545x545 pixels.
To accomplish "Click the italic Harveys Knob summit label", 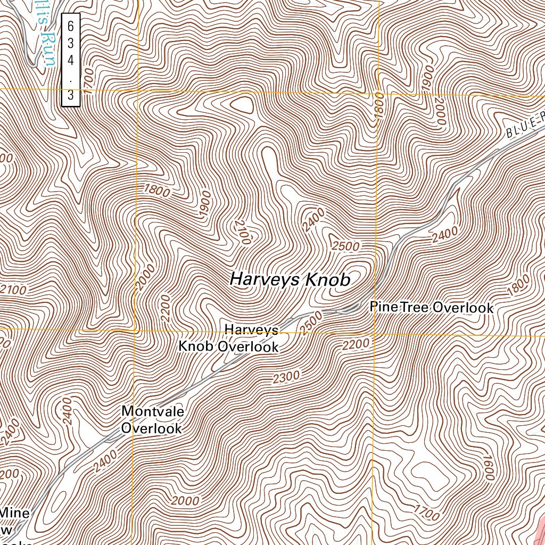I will (x=290, y=279).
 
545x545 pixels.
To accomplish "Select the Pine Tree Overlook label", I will (x=432, y=308).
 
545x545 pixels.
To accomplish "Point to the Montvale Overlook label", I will (x=152, y=419).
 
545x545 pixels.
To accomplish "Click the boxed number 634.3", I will (x=70, y=60).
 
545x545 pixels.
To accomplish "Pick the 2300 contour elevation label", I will (x=286, y=378).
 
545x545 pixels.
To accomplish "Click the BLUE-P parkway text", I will (x=524, y=125).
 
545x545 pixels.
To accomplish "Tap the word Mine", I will (x=15, y=513).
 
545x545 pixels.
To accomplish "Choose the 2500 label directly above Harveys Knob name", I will (x=345, y=246).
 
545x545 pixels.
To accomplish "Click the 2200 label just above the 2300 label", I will (x=356, y=345).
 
